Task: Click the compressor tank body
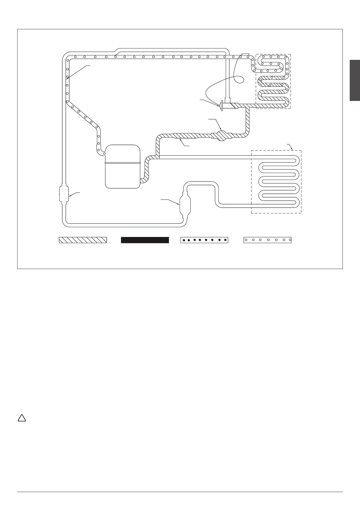(122, 175)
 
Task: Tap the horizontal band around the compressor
(122, 163)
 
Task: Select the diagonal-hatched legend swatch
(83, 240)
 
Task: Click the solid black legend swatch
(145, 240)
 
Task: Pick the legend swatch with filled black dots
(204, 240)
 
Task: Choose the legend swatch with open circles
(268, 240)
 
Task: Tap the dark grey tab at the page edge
(355, 80)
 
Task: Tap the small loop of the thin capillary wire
(240, 79)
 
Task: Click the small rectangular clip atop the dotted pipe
(245, 55)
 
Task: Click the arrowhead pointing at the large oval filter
(179, 205)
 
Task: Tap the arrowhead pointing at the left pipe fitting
(70, 196)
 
